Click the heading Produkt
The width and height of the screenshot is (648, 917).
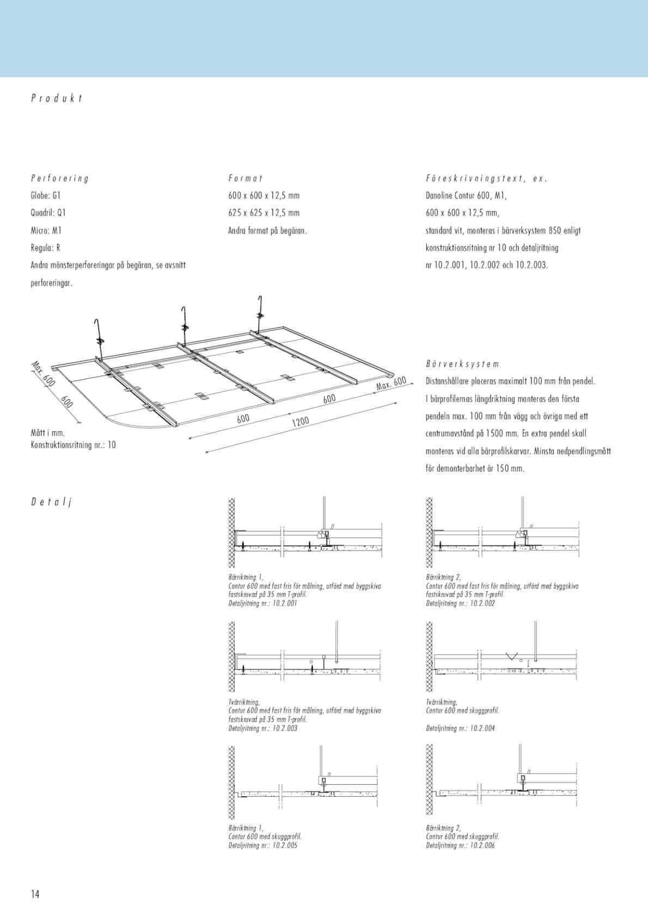57,99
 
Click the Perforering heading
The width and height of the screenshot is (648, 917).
59,178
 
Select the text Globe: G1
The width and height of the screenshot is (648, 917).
45,195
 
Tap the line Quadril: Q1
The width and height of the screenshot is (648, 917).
48,213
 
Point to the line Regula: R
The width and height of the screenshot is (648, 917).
45,248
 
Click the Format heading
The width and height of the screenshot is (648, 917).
246,178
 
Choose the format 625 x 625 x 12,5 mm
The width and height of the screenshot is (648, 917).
264,213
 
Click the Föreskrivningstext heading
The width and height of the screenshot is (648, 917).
486,178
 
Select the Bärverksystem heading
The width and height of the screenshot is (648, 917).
462,364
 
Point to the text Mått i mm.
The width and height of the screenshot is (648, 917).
47,433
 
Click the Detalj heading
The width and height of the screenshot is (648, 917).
51,502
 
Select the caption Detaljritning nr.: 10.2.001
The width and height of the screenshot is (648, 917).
263,603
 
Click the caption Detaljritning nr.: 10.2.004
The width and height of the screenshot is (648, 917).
460,728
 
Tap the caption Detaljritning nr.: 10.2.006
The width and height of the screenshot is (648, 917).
460,845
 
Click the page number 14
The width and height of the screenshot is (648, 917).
35,894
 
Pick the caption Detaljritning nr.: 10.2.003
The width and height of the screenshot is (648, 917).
263,728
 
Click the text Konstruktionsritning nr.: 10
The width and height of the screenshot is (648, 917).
73,445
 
